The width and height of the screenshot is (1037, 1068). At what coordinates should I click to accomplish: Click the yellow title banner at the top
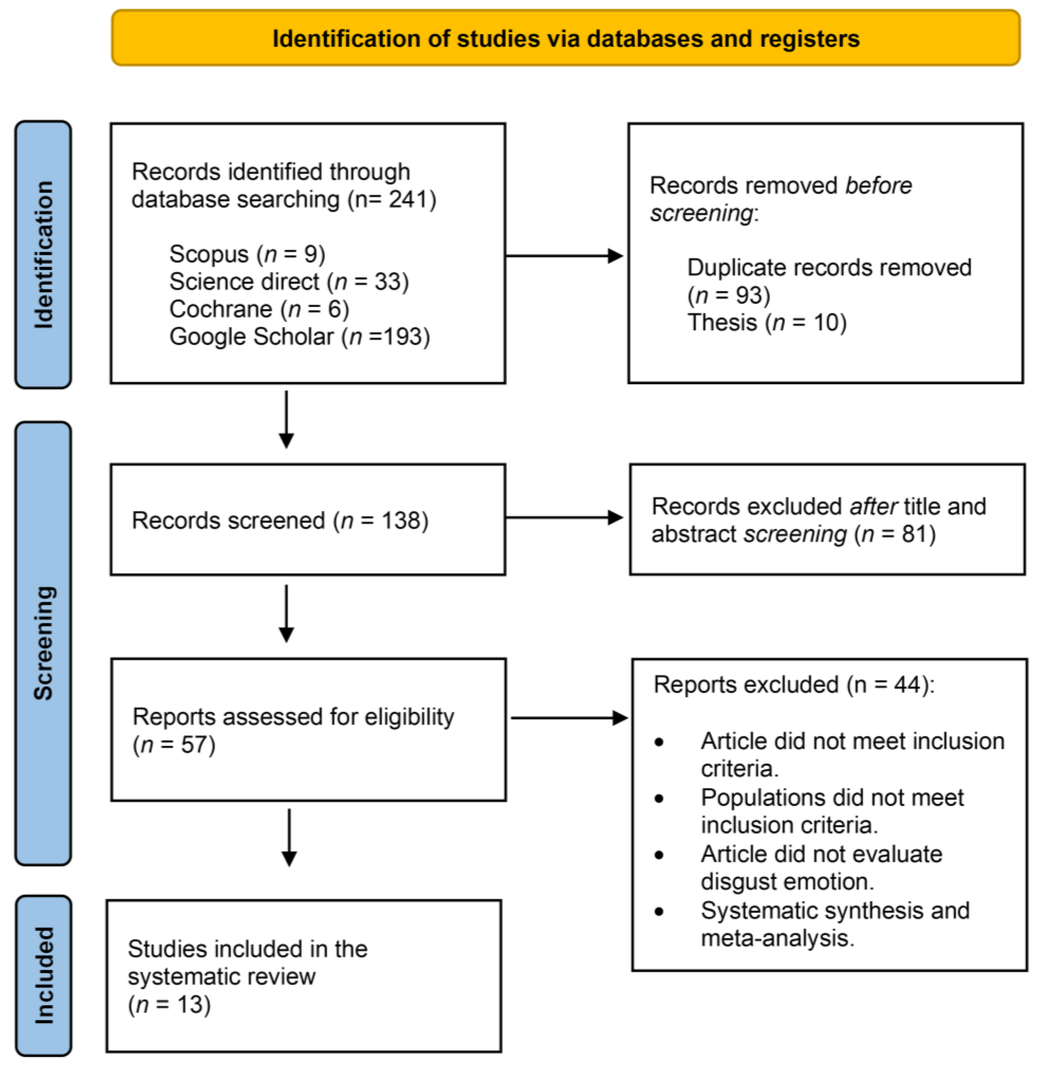(x=565, y=38)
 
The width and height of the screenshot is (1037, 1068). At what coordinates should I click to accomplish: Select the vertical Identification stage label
(x=43, y=255)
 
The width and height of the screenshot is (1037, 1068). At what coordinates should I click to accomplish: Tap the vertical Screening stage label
(x=43, y=643)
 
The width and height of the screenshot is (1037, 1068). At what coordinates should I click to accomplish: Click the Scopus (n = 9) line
(x=247, y=254)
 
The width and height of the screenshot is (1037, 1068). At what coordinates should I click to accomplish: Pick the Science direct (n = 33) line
(x=289, y=282)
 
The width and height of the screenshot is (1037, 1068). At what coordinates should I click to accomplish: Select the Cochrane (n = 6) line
(x=259, y=309)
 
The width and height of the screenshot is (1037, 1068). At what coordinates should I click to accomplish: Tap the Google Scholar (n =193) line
(x=300, y=336)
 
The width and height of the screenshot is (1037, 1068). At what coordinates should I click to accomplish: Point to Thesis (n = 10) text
(x=766, y=323)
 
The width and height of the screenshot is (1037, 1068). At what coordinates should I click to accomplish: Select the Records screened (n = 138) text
(x=280, y=520)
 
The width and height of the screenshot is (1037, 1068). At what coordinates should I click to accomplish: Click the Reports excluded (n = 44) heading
(x=793, y=685)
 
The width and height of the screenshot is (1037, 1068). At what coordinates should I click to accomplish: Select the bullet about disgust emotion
(x=821, y=868)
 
